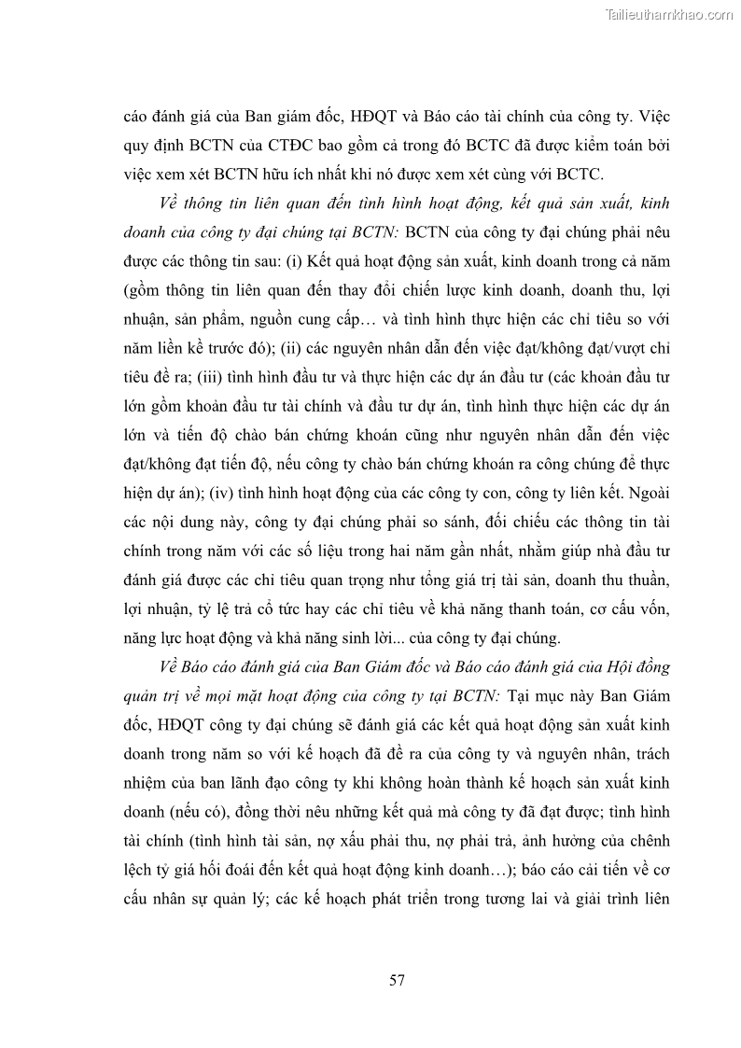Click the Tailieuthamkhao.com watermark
(x=670, y=15)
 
